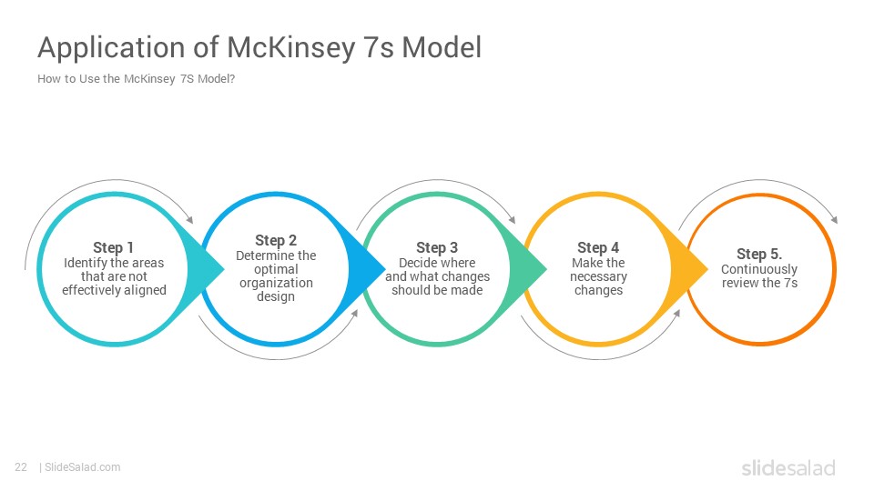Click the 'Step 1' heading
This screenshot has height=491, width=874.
point(113,247)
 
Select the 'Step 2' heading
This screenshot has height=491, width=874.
point(276,240)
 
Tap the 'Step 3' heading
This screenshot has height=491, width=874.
point(437,247)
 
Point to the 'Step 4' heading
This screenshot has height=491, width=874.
point(598,247)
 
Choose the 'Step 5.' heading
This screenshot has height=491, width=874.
point(759,254)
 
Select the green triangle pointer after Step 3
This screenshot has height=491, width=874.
point(528,269)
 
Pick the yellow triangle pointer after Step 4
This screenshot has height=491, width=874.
point(689,269)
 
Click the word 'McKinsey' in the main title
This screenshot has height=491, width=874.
point(291,48)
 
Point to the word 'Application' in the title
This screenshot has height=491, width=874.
point(111,48)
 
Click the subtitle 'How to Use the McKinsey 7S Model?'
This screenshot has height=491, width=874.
point(136,79)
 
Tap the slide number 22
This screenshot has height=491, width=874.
point(21,467)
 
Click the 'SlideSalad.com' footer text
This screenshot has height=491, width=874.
point(83,467)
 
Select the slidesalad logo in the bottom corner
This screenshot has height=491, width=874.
point(788,467)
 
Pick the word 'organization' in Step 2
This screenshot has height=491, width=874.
point(276,284)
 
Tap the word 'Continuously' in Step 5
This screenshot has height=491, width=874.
point(759,269)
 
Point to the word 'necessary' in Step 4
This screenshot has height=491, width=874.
point(598,276)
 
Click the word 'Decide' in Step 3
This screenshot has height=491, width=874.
point(416,263)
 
